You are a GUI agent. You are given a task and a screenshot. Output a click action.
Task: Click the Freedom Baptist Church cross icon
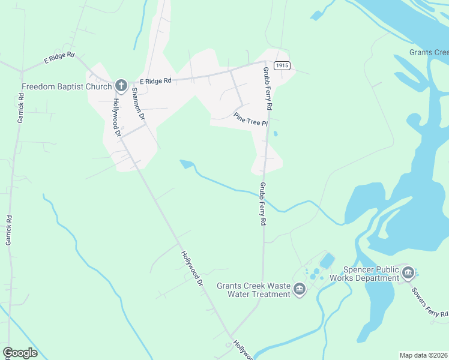pos(121,85)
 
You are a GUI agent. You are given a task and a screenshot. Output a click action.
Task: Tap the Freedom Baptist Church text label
pos(67,86)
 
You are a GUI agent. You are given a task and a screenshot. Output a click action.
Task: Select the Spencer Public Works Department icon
pos(408,273)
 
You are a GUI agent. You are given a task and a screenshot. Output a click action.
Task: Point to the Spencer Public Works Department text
pos(371,274)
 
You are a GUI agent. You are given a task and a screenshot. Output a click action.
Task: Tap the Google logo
pos(20,353)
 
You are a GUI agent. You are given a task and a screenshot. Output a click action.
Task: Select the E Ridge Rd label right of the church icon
pos(155,80)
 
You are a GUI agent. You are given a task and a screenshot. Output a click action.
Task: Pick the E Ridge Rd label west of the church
pos(59,58)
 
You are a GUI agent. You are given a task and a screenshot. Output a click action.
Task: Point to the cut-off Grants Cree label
pos(429,52)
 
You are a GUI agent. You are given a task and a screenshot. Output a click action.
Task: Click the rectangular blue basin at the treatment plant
pos(327,260)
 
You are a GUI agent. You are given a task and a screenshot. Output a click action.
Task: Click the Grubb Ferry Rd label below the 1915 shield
pos(267,89)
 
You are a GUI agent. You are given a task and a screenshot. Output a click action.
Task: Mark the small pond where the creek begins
pos(187,164)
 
